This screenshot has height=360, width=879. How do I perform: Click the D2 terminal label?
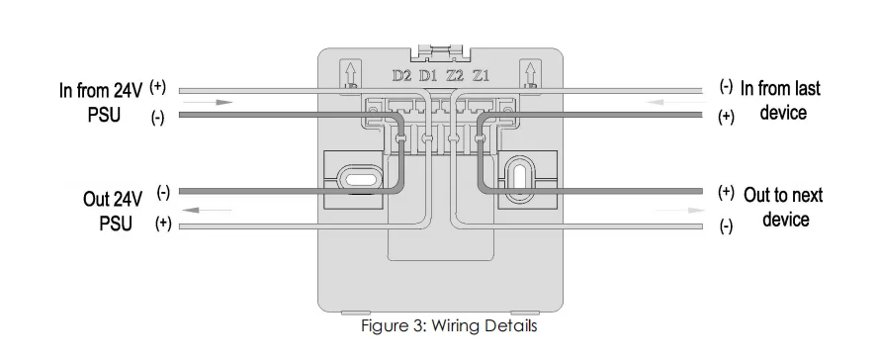pos(401,75)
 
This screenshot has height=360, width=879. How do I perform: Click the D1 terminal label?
pos(428,75)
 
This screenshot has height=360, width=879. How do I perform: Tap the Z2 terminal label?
pos(455,75)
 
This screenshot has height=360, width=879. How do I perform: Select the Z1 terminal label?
pos(481,75)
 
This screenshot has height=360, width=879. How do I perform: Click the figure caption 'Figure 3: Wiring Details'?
pos(449,325)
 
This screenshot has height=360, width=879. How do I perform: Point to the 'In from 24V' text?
pos(101,89)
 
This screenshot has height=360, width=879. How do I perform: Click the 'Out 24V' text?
pos(113,199)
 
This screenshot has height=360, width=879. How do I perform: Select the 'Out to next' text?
pos(783,195)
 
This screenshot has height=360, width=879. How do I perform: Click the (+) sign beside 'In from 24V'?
pos(158,86)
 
